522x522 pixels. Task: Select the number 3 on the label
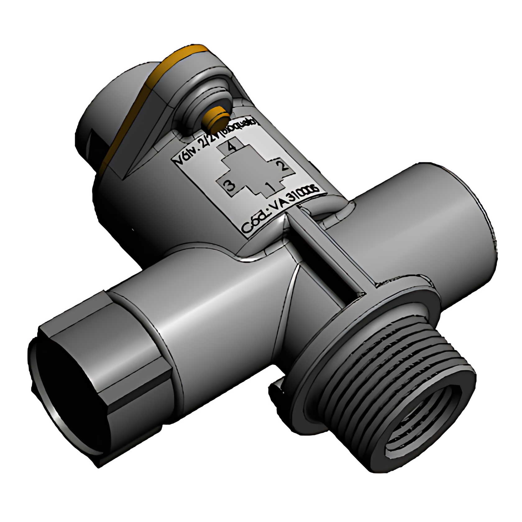(230, 186)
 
